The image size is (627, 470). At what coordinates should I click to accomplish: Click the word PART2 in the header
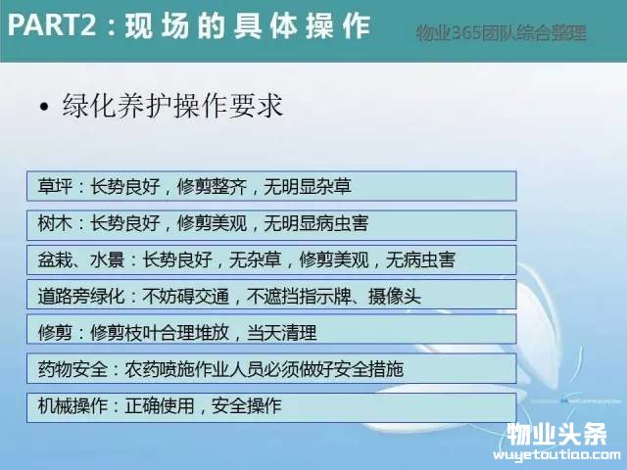pyautogui.click(x=52, y=24)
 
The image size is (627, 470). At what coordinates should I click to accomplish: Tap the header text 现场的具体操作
pyautogui.click(x=248, y=26)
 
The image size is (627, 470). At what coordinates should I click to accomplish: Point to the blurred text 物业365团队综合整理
pyautogui.click(x=501, y=32)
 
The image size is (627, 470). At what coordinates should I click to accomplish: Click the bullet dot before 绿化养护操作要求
pyautogui.click(x=44, y=107)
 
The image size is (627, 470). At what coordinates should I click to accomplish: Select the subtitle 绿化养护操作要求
pyautogui.click(x=172, y=106)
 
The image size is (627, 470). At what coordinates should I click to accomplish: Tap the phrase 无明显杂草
pyautogui.click(x=307, y=186)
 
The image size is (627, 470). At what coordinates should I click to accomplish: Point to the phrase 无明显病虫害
pyautogui.click(x=315, y=223)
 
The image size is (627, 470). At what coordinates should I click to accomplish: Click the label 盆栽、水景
pyautogui.click(x=81, y=259)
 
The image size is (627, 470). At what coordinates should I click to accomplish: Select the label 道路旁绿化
pyautogui.click(x=81, y=296)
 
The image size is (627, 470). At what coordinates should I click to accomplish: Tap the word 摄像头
pyautogui.click(x=394, y=296)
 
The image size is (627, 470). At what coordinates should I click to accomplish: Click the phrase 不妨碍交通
pyautogui.click(x=185, y=296)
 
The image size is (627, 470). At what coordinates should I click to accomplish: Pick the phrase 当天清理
pyautogui.click(x=281, y=333)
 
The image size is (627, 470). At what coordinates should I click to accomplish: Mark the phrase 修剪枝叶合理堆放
pyautogui.click(x=160, y=333)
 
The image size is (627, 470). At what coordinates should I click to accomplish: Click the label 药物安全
pyautogui.click(x=72, y=369)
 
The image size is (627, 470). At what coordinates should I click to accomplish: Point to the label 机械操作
pyautogui.click(x=72, y=406)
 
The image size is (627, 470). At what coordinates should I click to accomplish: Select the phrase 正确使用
pyautogui.click(x=160, y=406)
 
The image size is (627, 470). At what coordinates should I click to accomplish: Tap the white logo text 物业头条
pyautogui.click(x=557, y=434)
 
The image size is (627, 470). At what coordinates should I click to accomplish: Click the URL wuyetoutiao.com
pyautogui.click(x=556, y=454)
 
